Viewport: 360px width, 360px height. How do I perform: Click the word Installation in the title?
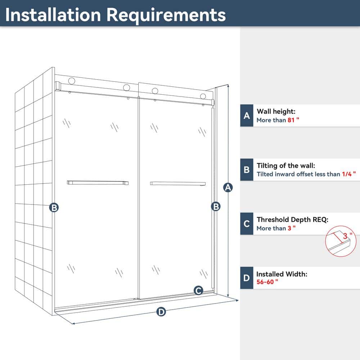point(53,15)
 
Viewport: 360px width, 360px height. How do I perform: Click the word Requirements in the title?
point(166,15)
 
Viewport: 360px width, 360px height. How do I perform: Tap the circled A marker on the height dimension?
point(228,188)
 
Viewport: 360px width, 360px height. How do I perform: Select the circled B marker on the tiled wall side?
point(54,208)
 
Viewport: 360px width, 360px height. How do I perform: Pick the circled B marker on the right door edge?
point(216,206)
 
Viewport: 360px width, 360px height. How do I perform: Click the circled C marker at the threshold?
point(198,291)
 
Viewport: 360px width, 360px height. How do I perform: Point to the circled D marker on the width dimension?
point(161,312)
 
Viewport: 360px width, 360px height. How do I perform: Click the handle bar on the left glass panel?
point(98,183)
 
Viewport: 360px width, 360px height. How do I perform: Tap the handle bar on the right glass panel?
point(178,183)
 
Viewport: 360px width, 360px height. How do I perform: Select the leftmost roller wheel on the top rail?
point(72,81)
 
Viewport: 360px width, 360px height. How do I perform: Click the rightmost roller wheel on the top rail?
point(203,96)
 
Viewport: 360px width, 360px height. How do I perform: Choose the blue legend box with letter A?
point(247,116)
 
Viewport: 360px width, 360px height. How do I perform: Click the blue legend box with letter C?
point(247,224)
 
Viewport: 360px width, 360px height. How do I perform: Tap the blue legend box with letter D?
point(247,278)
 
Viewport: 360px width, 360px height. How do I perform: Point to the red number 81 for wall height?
point(291,120)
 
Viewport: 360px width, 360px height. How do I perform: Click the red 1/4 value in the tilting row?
point(347,174)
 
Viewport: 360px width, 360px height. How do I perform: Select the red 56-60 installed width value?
point(265,282)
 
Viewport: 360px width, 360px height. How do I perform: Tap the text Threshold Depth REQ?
point(292,220)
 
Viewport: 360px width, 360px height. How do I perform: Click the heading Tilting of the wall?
point(286,166)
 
